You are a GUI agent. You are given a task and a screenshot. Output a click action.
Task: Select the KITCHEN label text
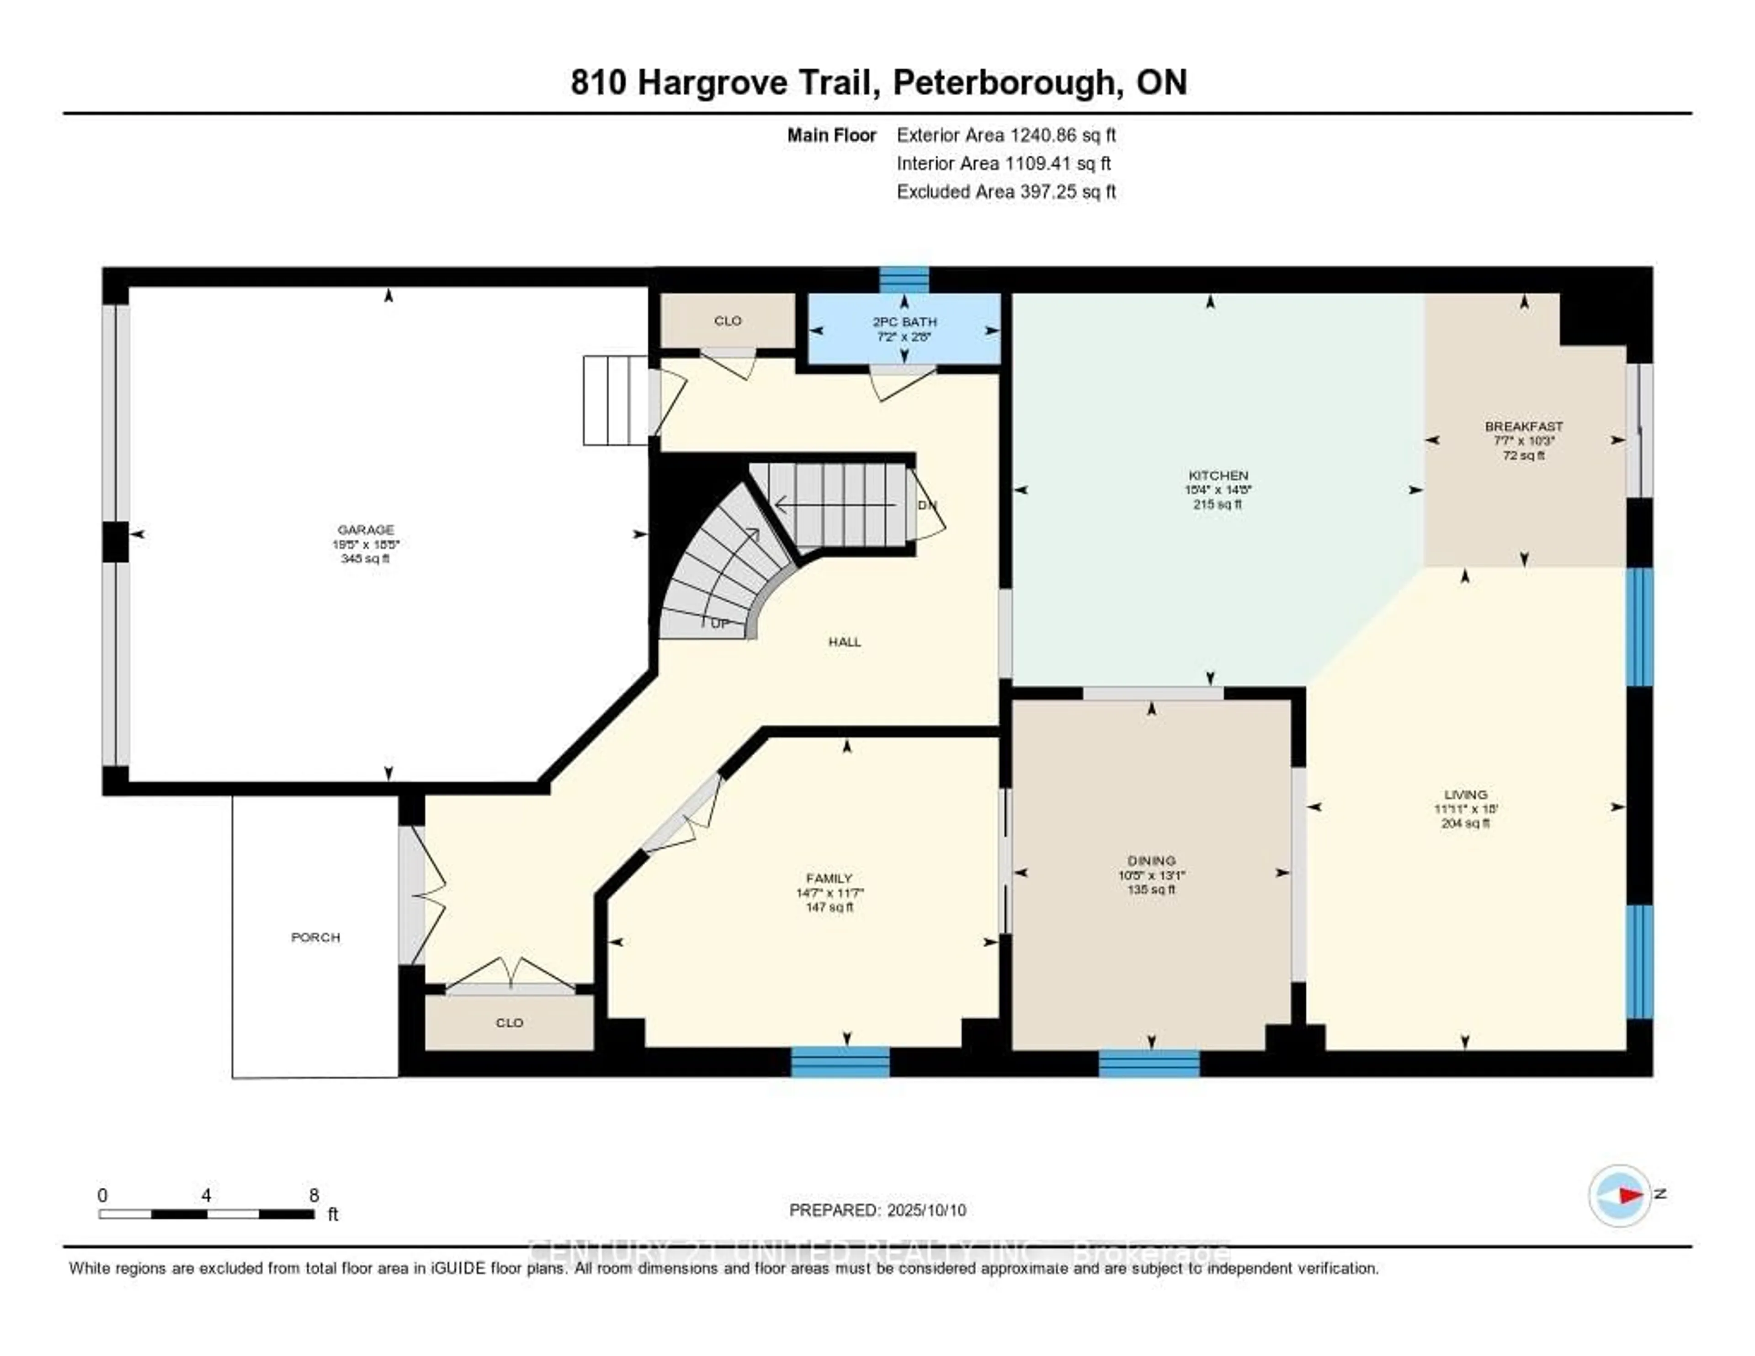pyautogui.click(x=1218, y=475)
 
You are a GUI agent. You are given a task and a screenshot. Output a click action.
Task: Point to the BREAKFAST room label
pyautogui.click(x=1524, y=426)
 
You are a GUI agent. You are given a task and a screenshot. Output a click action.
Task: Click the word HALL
pyautogui.click(x=845, y=641)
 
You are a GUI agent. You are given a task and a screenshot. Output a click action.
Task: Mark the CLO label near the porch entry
pyautogui.click(x=510, y=1022)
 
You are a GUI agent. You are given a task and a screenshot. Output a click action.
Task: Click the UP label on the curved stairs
pyautogui.click(x=720, y=624)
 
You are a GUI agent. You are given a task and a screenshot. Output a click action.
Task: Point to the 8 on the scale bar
pyautogui.click(x=314, y=1195)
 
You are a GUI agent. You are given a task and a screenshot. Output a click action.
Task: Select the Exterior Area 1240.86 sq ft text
pyautogui.click(x=1006, y=135)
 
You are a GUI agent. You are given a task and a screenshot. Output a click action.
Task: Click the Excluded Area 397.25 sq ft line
pyautogui.click(x=1006, y=191)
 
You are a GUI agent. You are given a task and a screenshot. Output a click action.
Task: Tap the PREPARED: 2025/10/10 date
pyautogui.click(x=877, y=1210)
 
